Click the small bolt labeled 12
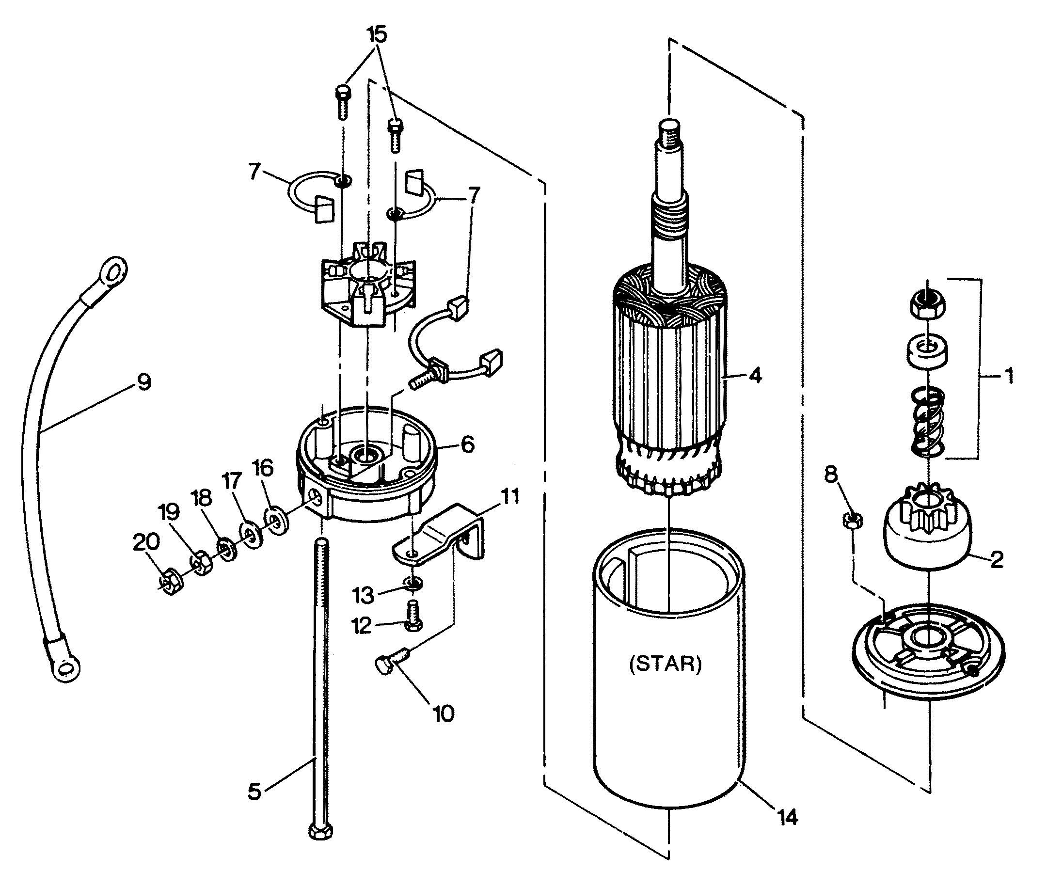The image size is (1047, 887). point(413,615)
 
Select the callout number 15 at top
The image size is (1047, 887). point(377,35)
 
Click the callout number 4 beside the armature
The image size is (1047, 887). point(755,375)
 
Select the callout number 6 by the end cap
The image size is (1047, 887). point(467,444)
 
